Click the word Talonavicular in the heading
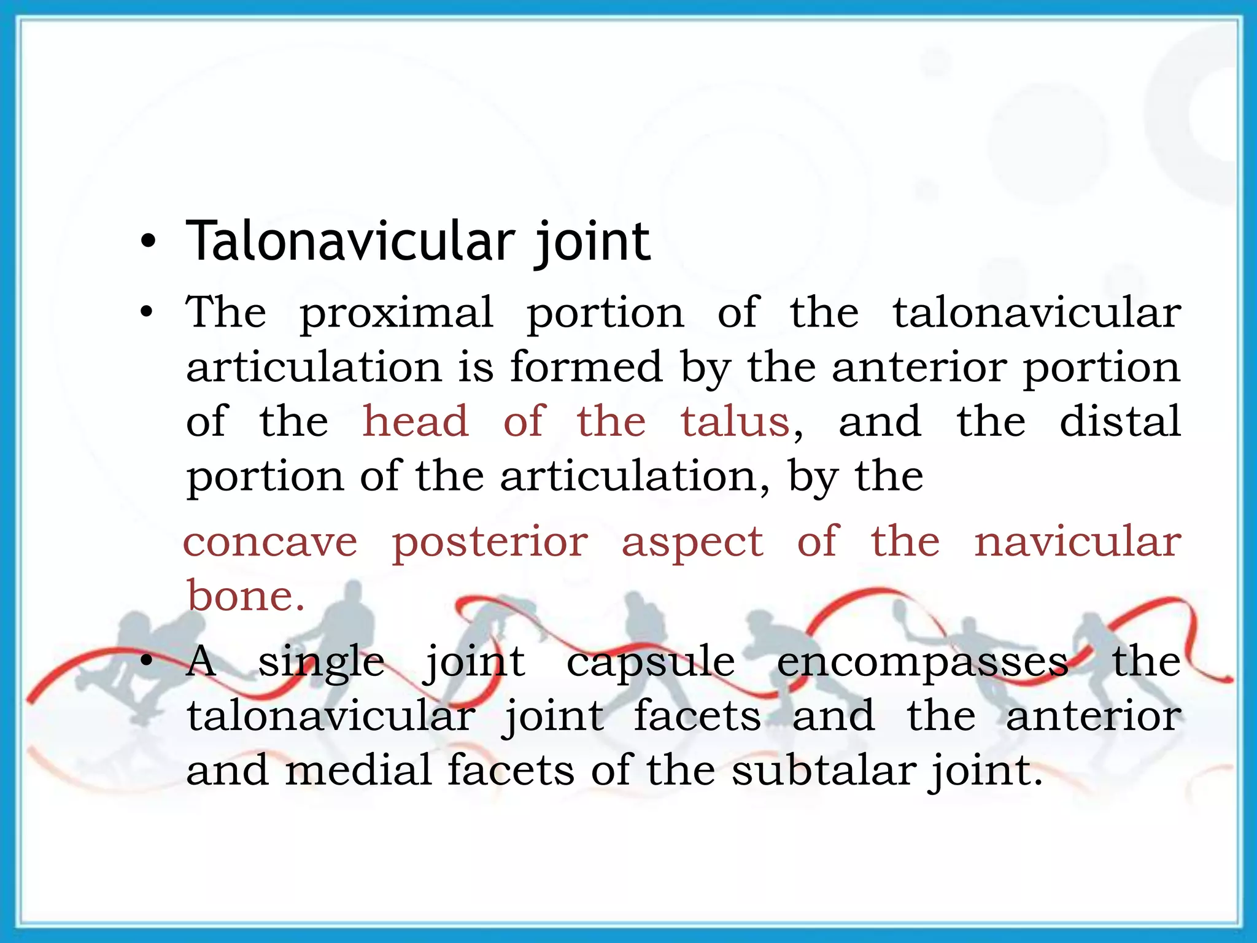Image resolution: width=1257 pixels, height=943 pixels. coord(350,241)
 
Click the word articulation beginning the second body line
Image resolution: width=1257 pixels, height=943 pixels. coord(314,367)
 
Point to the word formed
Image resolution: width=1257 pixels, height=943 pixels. coord(586,367)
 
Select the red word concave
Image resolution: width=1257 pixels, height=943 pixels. coord(270,541)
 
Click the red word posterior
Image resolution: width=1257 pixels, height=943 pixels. coord(490,543)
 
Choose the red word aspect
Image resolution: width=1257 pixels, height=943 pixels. coord(692,543)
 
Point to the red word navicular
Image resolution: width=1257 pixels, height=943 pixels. coord(1078,541)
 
